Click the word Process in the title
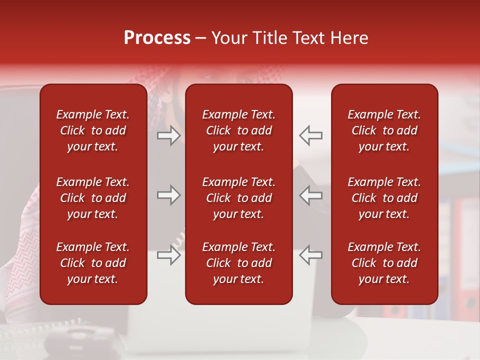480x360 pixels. [157, 38]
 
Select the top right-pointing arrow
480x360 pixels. [169, 135]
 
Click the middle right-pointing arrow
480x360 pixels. [169, 195]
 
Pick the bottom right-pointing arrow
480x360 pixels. [169, 254]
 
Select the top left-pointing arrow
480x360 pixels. [310, 135]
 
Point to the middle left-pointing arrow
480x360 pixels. [310, 195]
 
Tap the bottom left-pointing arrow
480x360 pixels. [310, 254]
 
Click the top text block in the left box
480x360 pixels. [93, 130]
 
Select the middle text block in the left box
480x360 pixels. [93, 198]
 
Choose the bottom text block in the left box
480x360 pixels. [93, 263]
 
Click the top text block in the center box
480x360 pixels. [238, 130]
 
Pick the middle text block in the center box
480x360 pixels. [238, 198]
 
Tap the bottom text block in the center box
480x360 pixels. [238, 263]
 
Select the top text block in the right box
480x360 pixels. [384, 130]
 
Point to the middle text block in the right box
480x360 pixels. [384, 198]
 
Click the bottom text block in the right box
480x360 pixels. [384, 263]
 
